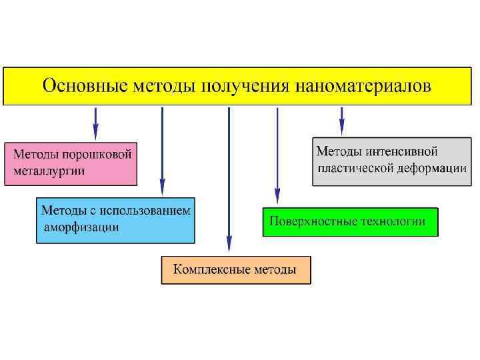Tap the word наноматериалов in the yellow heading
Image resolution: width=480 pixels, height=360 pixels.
coord(365,87)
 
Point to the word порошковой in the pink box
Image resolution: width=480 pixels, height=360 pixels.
coord(97,155)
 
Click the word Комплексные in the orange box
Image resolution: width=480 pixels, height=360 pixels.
coord(212,270)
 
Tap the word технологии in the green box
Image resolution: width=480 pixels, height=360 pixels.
coord(393,221)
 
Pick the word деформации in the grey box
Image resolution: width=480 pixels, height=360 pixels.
coord(431,169)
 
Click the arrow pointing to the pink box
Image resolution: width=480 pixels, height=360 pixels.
coord(95,123)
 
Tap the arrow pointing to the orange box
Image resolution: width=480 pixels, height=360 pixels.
coord(229,180)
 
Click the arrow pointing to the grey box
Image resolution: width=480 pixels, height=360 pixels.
coord(342,121)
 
